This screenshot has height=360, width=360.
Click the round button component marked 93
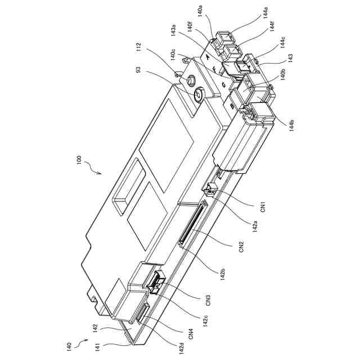[199, 94]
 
